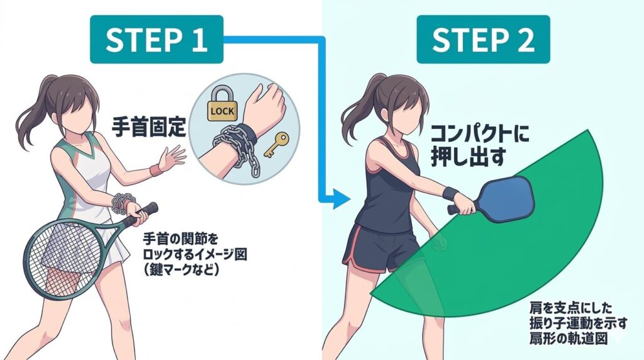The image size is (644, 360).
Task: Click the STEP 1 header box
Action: coord(157,40)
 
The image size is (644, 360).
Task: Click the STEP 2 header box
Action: coord(483,40)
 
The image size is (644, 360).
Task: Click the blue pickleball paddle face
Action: coord(508,198)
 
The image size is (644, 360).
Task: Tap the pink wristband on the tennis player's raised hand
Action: coord(155,170)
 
